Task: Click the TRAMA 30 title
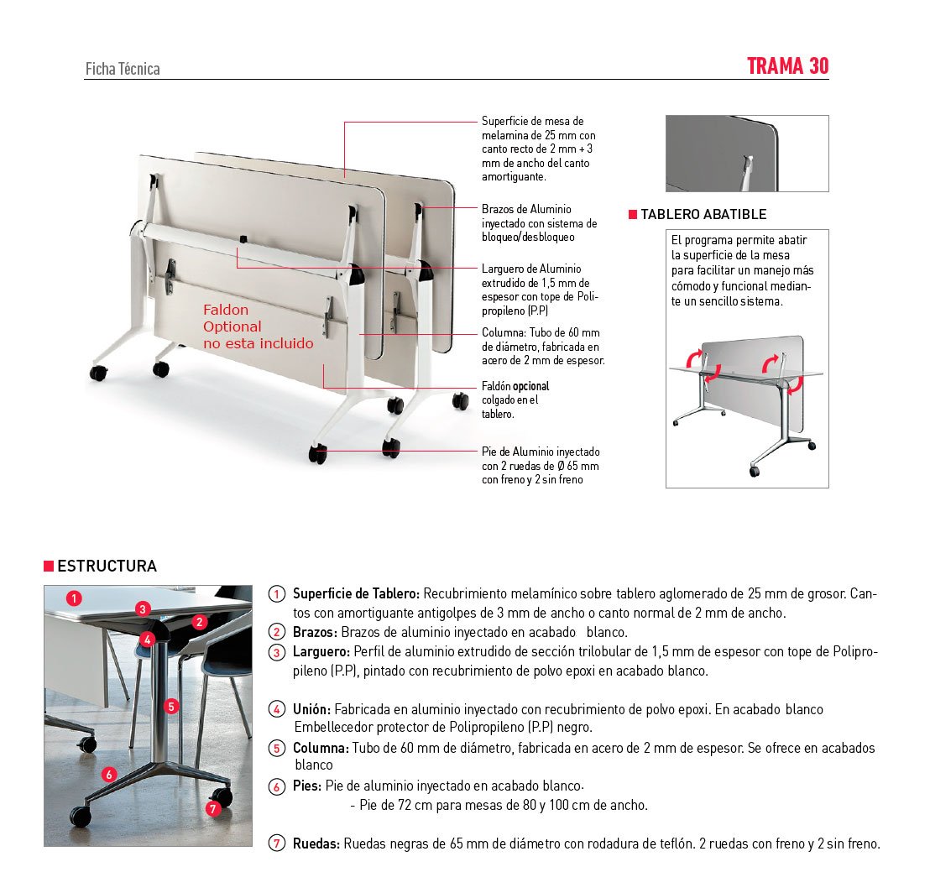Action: pyautogui.click(x=787, y=66)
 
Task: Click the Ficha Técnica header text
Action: pyautogui.click(x=123, y=70)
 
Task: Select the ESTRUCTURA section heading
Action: pyautogui.click(x=107, y=566)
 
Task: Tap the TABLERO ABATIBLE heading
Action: pyautogui.click(x=703, y=214)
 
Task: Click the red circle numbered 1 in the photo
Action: pyautogui.click(x=75, y=598)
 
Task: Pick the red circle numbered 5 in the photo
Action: pyautogui.click(x=171, y=706)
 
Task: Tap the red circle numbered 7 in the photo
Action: pyautogui.click(x=212, y=808)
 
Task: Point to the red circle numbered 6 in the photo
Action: pyautogui.click(x=108, y=774)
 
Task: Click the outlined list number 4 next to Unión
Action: pyautogui.click(x=276, y=709)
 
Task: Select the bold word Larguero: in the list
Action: pyautogui.click(x=321, y=652)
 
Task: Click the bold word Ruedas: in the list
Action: pyautogui.click(x=316, y=844)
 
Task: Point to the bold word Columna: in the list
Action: pyautogui.click(x=321, y=748)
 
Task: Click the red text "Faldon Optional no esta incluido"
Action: pyautogui.click(x=258, y=326)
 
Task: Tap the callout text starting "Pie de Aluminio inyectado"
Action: pyautogui.click(x=541, y=465)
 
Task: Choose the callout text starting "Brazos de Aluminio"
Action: pyautogui.click(x=539, y=222)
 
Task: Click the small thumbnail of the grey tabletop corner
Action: pyautogui.click(x=746, y=154)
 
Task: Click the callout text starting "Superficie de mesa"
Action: pyautogui.click(x=539, y=149)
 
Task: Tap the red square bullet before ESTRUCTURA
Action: pyautogui.click(x=49, y=566)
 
